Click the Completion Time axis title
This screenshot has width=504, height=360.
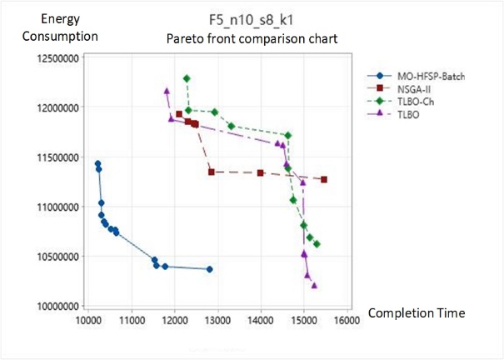[x=416, y=312]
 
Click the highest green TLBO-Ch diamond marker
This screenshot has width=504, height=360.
[x=187, y=78]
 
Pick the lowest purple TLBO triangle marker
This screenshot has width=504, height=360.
[x=314, y=285]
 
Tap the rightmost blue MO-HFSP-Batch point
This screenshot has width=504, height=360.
[x=209, y=269]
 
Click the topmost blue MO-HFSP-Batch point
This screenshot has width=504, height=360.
[x=97, y=163]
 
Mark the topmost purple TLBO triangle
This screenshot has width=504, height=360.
[x=167, y=91]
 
